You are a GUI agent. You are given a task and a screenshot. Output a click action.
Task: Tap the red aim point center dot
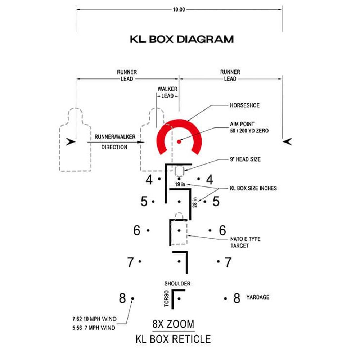tap(179, 141)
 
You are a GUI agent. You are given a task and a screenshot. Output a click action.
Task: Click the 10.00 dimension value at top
tap(179, 9)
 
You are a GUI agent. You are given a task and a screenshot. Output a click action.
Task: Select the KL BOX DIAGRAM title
tap(182, 39)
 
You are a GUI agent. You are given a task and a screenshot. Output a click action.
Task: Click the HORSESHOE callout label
tap(245, 105)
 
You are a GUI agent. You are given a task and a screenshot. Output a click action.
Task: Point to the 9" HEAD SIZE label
tap(245, 159)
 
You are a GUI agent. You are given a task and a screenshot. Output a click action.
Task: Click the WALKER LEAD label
tap(167, 92)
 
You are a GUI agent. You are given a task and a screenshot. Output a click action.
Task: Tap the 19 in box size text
tap(180, 184)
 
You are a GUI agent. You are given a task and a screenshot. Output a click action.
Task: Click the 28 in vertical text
tap(195, 202)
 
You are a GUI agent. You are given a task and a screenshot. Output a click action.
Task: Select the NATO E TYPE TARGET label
tap(245, 242)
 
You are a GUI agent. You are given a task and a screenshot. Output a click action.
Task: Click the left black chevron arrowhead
tap(71, 141)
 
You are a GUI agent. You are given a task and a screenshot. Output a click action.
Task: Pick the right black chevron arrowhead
tap(287, 141)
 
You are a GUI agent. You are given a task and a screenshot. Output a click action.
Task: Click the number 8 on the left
tap(122, 298)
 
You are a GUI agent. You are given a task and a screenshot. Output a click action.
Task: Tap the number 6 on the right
tap(222, 230)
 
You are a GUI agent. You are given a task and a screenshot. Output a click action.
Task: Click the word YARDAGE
tap(258, 297)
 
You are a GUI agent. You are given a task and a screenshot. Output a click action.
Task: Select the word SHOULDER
tap(177, 284)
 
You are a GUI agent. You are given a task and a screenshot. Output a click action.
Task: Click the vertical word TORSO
tap(166, 298)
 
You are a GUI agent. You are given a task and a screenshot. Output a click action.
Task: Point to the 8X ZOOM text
tap(174, 324)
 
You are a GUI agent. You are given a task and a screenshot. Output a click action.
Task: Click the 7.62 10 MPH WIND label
tap(94, 319)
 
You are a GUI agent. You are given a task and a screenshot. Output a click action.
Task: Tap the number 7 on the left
tap(130, 262)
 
